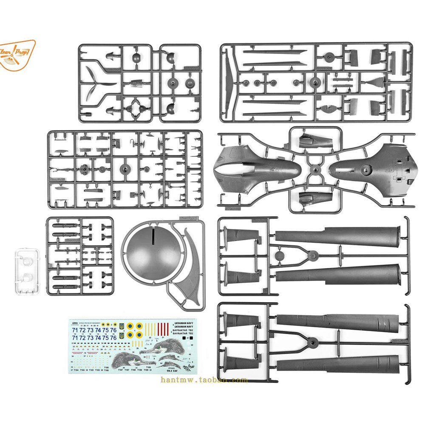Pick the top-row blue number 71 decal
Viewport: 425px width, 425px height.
(75, 330)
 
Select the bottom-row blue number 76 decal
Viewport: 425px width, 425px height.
(113, 338)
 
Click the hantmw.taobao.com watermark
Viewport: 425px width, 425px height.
(204, 380)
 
